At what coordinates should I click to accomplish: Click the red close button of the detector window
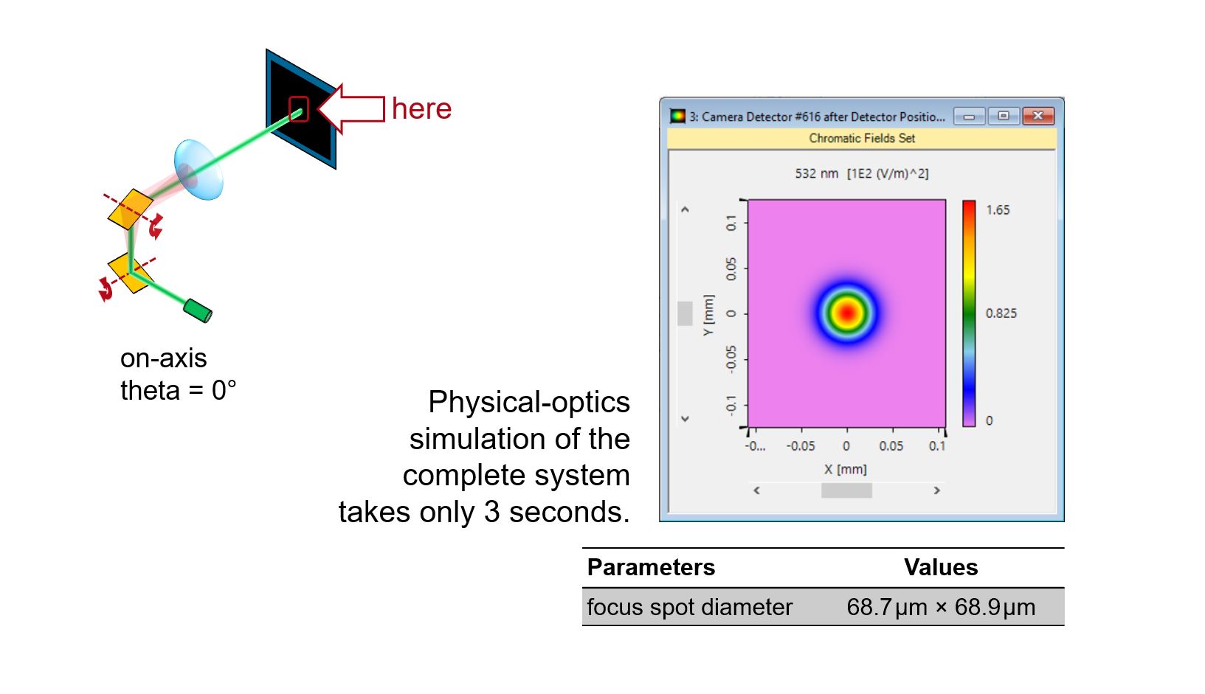[1037, 116]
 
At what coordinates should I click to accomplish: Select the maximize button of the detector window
[1004, 116]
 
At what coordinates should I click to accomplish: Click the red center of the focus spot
[847, 313]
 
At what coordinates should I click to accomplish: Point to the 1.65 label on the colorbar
[998, 209]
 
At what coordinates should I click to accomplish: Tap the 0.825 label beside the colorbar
[1001, 313]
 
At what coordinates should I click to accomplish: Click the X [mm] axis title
[846, 469]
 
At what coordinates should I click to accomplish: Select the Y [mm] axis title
[708, 315]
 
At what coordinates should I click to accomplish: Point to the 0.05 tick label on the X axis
[891, 446]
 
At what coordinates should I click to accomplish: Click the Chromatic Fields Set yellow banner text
[862, 138]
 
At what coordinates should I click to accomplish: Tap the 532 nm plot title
[862, 173]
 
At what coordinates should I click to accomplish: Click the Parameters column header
[651, 567]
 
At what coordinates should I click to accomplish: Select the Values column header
[941, 567]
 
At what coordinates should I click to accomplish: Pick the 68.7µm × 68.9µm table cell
[941, 608]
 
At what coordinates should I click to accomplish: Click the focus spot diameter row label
[690, 608]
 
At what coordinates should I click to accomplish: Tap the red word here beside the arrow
[422, 108]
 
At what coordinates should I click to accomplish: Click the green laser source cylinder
[198, 310]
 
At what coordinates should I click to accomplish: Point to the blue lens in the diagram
[198, 170]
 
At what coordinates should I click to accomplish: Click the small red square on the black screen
[299, 109]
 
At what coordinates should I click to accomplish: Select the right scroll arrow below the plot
[936, 490]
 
